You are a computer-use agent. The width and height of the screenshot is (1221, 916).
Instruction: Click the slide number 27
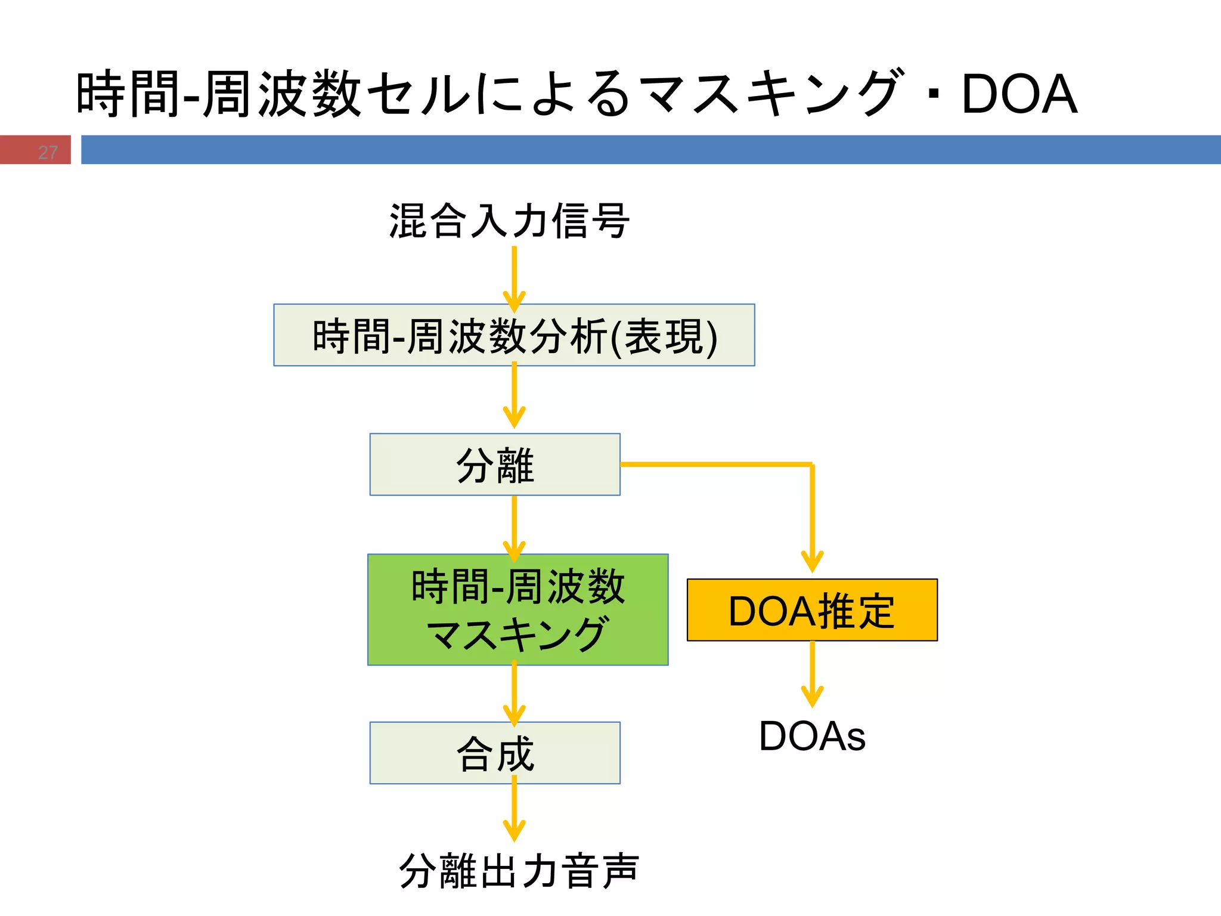click(48, 153)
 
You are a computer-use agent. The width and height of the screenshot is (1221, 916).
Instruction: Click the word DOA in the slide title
click(1019, 94)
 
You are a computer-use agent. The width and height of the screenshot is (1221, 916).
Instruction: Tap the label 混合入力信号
click(509, 221)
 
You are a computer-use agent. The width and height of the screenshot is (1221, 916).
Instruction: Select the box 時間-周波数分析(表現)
click(514, 335)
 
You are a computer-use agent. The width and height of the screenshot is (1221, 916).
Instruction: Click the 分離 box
click(495, 465)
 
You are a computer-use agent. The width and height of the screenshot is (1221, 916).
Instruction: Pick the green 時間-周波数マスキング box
click(517, 609)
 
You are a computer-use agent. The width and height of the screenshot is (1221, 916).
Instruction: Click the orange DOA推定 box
click(812, 610)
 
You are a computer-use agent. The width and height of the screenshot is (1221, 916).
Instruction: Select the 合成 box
click(495, 753)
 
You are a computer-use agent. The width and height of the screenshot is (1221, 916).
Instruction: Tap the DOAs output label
click(812, 736)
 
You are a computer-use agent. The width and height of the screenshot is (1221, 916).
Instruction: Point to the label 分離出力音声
click(519, 871)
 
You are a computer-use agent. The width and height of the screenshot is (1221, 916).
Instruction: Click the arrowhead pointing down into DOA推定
click(812, 562)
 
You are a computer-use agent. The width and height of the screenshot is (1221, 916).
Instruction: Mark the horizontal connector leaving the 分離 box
click(715, 464)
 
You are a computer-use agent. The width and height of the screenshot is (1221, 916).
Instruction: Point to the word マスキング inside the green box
click(517, 634)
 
